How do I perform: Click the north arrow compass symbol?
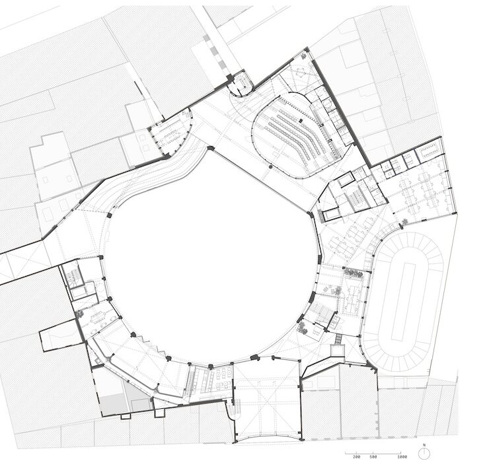pyautogui.click(x=424, y=454)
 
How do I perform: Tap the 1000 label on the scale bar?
pyautogui.click(x=402, y=457)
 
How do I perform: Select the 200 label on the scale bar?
pyautogui.click(x=356, y=457)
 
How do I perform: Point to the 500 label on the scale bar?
pyautogui.click(x=373, y=457)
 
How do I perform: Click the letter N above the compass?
pyautogui.click(x=424, y=445)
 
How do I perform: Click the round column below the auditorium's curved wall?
pyautogui.click(x=270, y=167)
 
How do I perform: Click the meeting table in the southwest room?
pyautogui.click(x=98, y=318)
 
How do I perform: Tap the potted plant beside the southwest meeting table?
pyautogui.click(x=79, y=313)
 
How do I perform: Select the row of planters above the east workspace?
pyautogui.click(x=353, y=273)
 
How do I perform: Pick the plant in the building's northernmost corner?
pyautogui.click(x=304, y=56)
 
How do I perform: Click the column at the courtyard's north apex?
pyautogui.click(x=211, y=148)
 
